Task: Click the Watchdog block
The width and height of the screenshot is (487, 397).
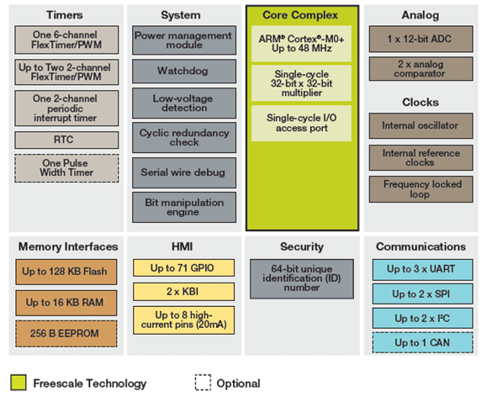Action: [184, 71]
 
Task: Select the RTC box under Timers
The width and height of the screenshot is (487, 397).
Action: [66, 140]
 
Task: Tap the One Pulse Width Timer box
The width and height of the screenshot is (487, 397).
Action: [66, 168]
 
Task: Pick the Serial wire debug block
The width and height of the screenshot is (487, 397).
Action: [184, 172]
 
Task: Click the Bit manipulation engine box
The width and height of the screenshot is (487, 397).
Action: [184, 207]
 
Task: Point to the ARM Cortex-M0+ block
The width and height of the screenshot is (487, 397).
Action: [301, 44]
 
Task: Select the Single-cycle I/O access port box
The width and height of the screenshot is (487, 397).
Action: [301, 124]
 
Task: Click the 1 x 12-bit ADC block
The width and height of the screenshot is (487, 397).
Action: [421, 39]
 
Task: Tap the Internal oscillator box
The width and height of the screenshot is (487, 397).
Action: [421, 126]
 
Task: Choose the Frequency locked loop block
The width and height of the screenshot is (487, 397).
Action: [421, 189]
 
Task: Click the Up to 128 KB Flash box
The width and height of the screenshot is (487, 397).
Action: [66, 272]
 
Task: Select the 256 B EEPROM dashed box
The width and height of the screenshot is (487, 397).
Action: [66, 334]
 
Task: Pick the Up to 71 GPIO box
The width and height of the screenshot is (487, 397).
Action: [184, 267]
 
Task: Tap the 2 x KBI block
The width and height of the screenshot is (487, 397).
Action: [184, 291]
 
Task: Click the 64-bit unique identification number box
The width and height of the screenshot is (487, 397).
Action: [302, 279]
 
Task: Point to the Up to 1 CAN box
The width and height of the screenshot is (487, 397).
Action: [423, 342]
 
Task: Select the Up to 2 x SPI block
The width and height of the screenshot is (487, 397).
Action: [423, 294]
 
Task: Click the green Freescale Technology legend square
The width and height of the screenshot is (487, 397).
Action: [19, 383]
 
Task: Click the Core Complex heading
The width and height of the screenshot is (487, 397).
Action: [300, 15]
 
